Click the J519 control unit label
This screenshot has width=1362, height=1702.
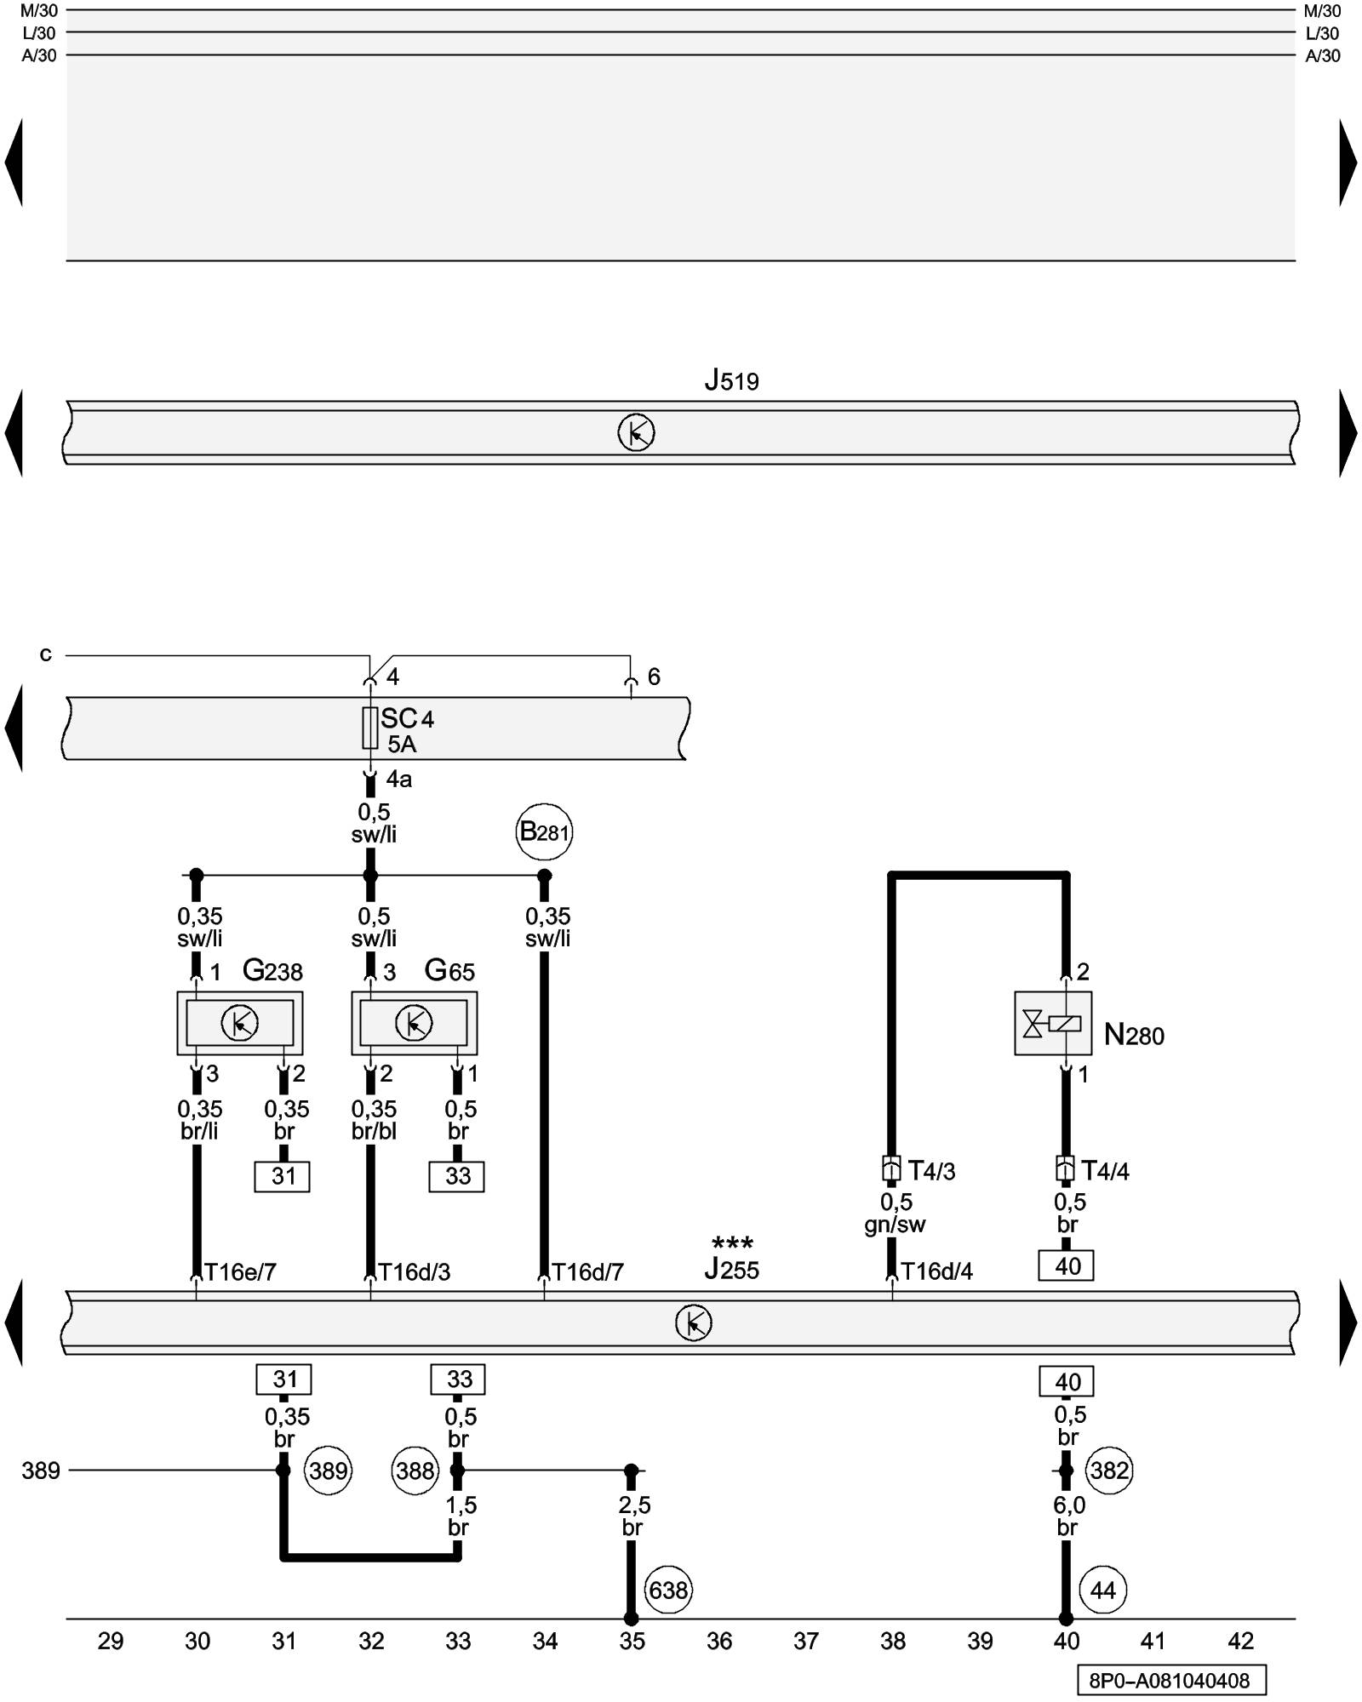click(x=731, y=380)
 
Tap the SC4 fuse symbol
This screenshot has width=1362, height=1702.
click(x=370, y=728)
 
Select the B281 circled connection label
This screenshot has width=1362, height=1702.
click(x=544, y=831)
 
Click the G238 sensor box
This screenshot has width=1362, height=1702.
click(x=240, y=1022)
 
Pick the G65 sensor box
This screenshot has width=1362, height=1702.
click(x=415, y=1022)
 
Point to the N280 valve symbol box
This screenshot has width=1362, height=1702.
click(x=1053, y=1023)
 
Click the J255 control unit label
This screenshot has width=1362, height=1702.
click(x=731, y=1270)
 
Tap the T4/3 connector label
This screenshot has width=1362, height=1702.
click(x=931, y=1171)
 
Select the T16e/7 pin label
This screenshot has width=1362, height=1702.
click(x=240, y=1271)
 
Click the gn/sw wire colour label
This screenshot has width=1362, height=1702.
click(x=895, y=1224)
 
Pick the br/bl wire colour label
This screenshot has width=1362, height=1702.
click(x=374, y=1131)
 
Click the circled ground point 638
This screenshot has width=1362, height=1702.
click(x=668, y=1590)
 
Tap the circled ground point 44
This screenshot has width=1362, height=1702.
click(x=1102, y=1590)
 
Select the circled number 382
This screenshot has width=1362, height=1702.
click(x=1109, y=1471)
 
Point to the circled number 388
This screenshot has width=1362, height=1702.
click(x=415, y=1471)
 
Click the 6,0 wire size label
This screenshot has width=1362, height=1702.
click(x=1069, y=1505)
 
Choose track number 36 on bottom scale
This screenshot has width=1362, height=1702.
click(x=719, y=1641)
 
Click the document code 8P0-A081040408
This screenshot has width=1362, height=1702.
click(x=1170, y=1681)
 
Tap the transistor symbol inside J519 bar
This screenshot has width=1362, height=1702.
click(x=636, y=433)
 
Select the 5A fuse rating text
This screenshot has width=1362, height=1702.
click(x=402, y=745)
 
